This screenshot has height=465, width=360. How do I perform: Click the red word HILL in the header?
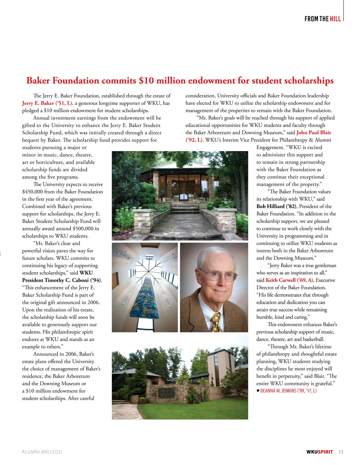click(x=335, y=19)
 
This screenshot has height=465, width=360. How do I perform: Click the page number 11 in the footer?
click(x=340, y=452)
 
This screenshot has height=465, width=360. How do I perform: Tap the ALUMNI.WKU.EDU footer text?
click(x=42, y=452)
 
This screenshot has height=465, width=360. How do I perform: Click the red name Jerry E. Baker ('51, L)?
click(x=47, y=103)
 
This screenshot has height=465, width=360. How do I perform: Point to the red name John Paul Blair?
click(x=314, y=133)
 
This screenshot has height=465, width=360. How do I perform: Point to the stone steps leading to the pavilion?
click(x=184, y=207)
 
